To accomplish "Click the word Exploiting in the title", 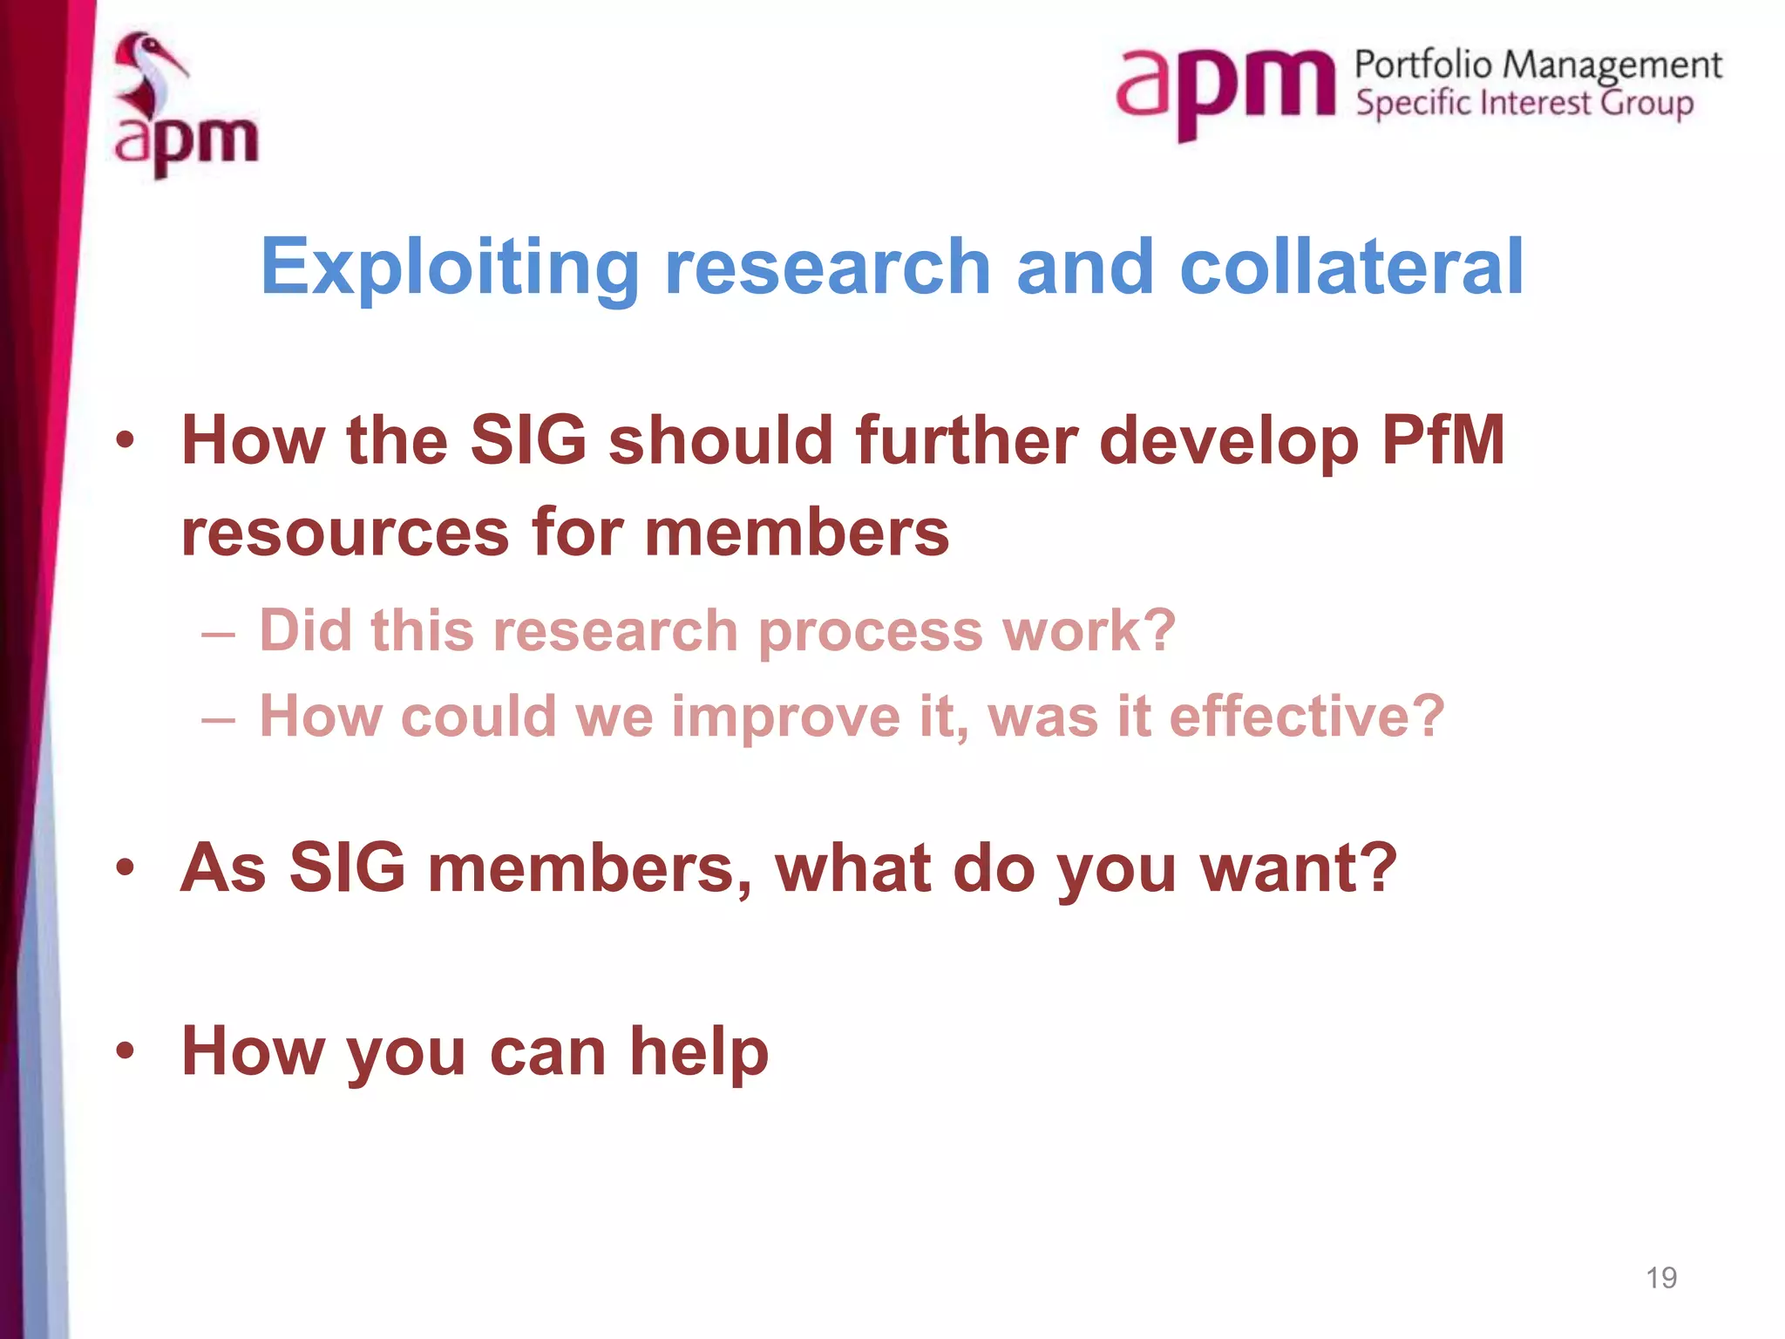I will (x=450, y=268).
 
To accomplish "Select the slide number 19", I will (x=1661, y=1278).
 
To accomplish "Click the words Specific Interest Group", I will (x=1524, y=104).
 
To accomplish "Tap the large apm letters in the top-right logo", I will (x=1225, y=87).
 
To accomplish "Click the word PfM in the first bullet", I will (x=1443, y=440).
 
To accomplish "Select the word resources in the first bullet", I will (x=345, y=532).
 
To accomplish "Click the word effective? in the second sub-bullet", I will (x=1307, y=717).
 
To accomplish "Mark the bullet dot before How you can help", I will (x=126, y=1050).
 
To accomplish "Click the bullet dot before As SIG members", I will (x=126, y=867).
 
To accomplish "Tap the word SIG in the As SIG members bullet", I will (x=347, y=868).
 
